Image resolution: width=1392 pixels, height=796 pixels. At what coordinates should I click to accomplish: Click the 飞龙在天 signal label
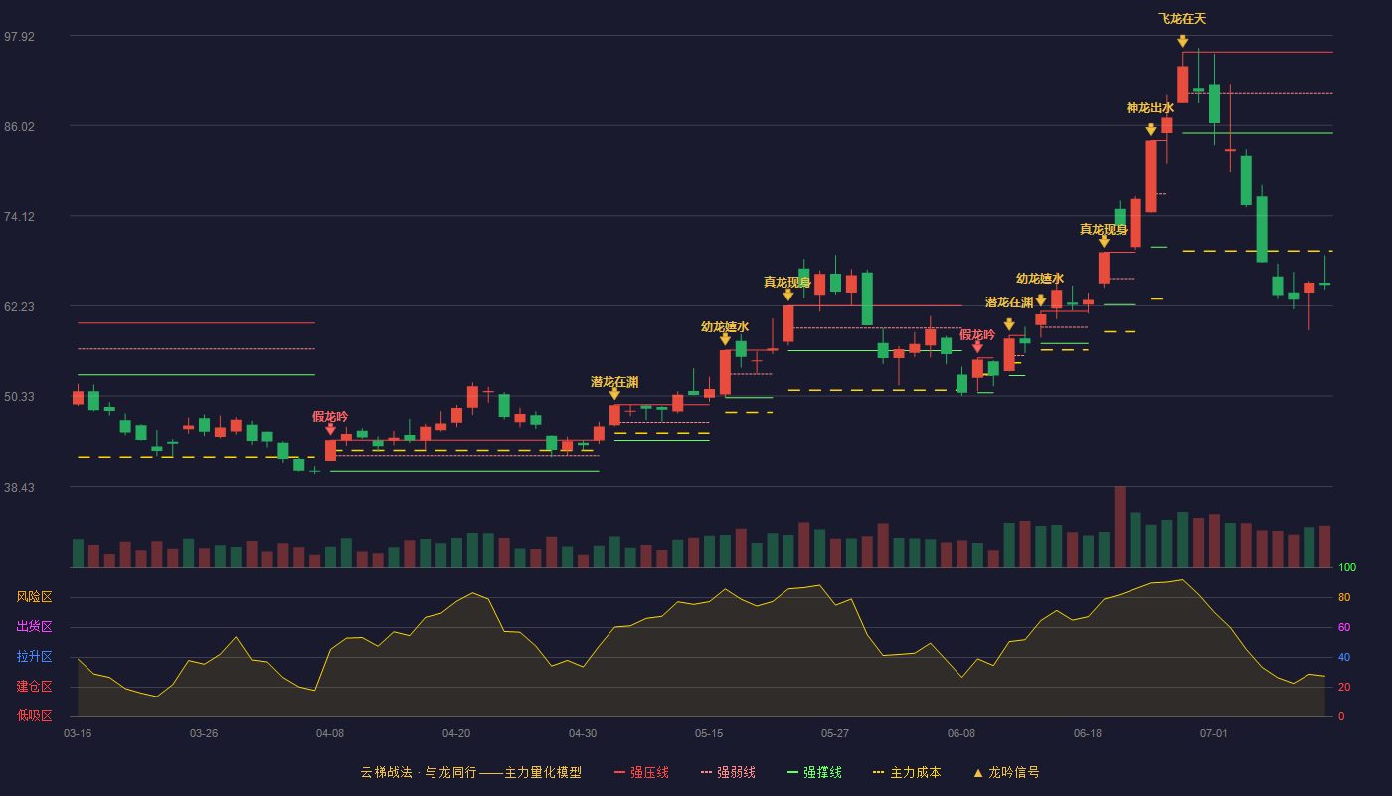[x=1182, y=19]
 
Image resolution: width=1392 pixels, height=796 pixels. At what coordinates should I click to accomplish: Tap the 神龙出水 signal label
[x=1149, y=108]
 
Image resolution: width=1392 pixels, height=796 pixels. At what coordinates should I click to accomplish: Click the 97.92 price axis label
[x=19, y=37]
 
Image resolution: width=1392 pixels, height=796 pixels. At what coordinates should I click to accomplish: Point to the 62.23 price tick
[x=19, y=307]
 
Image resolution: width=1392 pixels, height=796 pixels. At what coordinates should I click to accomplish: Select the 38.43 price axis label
[x=19, y=488]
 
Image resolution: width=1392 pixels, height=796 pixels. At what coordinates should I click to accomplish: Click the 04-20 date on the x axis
[x=456, y=734]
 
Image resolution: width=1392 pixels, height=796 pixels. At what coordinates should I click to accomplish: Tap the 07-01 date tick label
[x=1214, y=734]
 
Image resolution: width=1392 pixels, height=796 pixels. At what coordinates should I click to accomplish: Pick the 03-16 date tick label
[x=78, y=734]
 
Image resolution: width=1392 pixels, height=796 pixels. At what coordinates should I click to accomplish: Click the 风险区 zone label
[x=34, y=597]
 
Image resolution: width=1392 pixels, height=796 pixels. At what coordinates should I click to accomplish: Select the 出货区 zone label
[x=34, y=626]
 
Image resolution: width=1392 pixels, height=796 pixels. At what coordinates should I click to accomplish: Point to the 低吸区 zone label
[x=34, y=715]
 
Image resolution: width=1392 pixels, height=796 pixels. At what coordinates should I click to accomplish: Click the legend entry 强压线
[x=642, y=772]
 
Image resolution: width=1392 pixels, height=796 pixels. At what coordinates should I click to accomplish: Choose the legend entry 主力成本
[x=907, y=772]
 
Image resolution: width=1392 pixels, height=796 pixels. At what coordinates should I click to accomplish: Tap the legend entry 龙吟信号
[x=1006, y=772]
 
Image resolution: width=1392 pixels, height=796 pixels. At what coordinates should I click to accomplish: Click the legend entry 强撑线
[x=814, y=772]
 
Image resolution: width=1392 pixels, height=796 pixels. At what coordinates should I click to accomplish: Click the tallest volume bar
[x=1120, y=526]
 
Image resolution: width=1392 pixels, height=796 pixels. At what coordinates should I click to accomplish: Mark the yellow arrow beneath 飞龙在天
[x=1182, y=41]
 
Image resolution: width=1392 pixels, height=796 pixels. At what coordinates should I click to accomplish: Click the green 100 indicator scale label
[x=1347, y=567]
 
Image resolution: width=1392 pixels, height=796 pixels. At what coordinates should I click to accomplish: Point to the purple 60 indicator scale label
[x=1344, y=627]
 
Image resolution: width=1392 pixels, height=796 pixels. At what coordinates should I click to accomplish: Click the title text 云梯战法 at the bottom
[x=386, y=772]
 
